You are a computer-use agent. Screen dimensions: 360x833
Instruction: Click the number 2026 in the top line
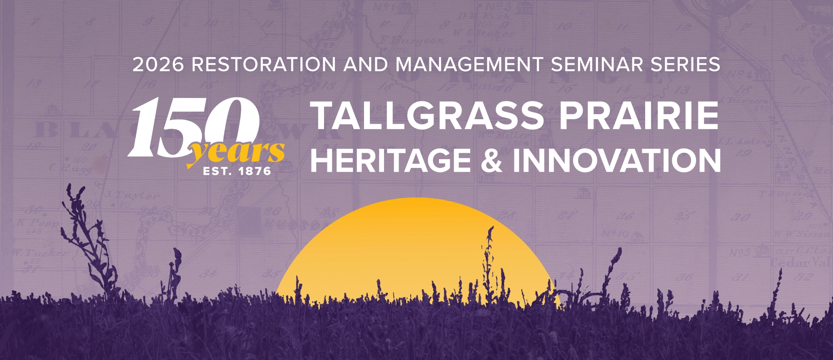pyautogui.click(x=158, y=65)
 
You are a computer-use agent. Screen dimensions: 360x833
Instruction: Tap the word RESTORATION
pyautogui.click(x=264, y=65)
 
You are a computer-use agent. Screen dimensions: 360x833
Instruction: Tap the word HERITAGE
pyautogui.click(x=391, y=161)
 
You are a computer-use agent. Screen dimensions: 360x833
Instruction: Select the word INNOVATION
pyautogui.click(x=617, y=161)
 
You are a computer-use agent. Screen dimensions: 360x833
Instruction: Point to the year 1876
pyautogui.click(x=254, y=171)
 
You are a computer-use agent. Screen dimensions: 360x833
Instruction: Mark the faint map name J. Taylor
pyautogui.click(x=132, y=195)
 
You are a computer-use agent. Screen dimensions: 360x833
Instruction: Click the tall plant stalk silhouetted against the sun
pyautogui.click(x=488, y=258)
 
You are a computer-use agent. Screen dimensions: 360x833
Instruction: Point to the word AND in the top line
pyautogui.click(x=366, y=65)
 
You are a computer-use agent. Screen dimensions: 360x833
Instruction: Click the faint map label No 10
pyautogui.click(x=616, y=234)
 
